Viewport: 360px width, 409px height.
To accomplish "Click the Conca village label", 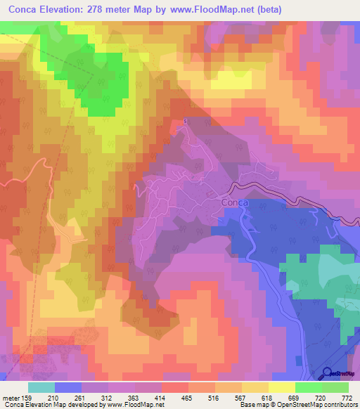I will click(x=233, y=202).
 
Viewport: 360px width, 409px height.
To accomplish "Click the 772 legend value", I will click(x=346, y=398).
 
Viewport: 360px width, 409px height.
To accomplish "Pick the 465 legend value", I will click(x=186, y=398).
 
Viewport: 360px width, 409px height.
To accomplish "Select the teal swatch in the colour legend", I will click(x=41, y=387).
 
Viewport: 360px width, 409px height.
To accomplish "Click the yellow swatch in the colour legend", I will click(x=281, y=387).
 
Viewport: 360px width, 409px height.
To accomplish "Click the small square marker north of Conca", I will click(x=185, y=122).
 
